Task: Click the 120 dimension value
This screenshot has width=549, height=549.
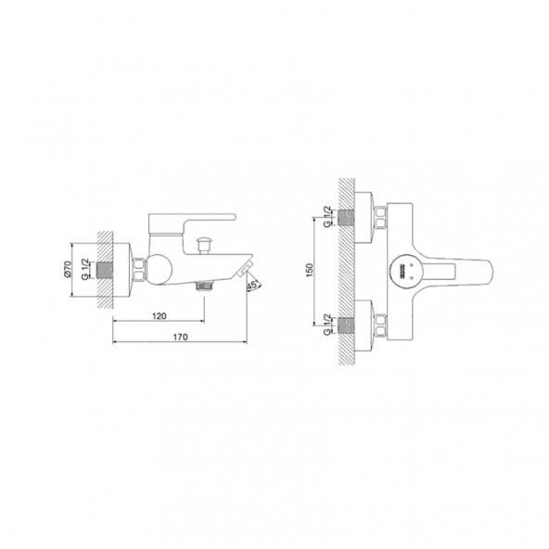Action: tap(159, 316)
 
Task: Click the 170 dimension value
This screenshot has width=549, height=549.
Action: tap(181, 336)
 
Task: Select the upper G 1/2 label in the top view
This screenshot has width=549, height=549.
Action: tap(327, 216)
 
